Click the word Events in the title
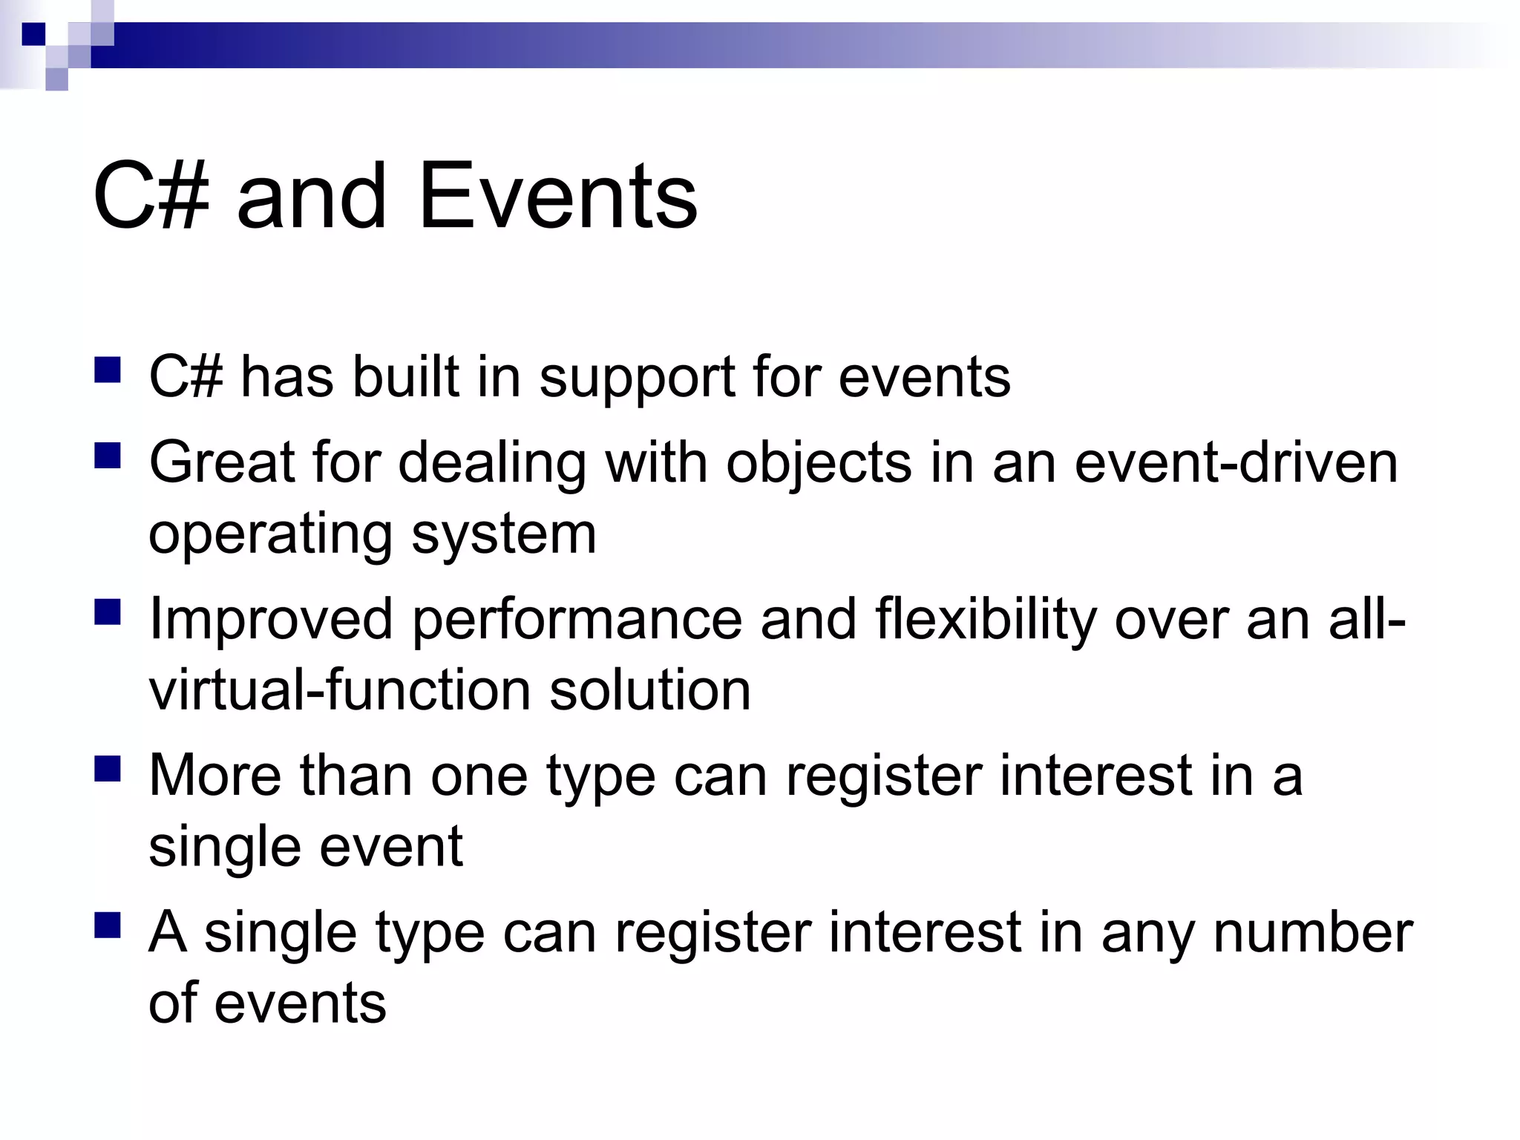coord(557,197)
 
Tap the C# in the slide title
coord(151,197)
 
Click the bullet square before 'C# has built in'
coord(108,370)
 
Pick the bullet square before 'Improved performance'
coord(108,612)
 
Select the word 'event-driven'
coord(1236,462)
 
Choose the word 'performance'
coord(577,620)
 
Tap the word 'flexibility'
coord(985,620)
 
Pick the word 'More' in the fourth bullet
coord(214,776)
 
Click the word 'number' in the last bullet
coord(1312,933)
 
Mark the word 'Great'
coord(222,462)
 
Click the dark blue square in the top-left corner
coord(33,34)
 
